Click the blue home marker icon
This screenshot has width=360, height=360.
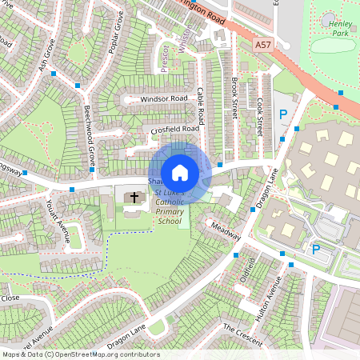pos(180,173)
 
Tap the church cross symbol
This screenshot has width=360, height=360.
pos(134,197)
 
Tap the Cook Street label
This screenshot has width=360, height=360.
pos(260,117)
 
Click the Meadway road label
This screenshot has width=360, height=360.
pos(225,231)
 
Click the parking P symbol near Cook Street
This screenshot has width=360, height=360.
pos(282,116)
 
